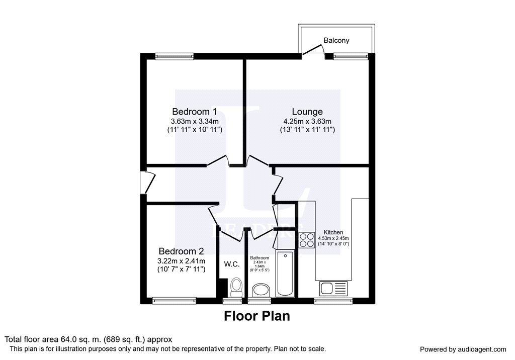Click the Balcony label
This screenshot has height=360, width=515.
(336, 40)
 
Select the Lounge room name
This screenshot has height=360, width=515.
(307, 112)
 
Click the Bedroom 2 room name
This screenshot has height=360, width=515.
(181, 251)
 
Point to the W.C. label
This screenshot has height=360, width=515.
(231, 264)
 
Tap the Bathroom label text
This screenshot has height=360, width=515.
(260, 257)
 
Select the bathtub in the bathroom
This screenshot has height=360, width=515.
(285, 274)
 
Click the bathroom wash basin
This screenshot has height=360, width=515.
(261, 290)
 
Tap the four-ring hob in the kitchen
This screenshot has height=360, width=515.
(306, 240)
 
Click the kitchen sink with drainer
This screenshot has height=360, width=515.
(332, 289)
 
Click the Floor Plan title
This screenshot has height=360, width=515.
(256, 316)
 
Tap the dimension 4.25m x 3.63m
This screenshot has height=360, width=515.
(307, 121)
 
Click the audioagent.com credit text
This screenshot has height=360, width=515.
(463, 349)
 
